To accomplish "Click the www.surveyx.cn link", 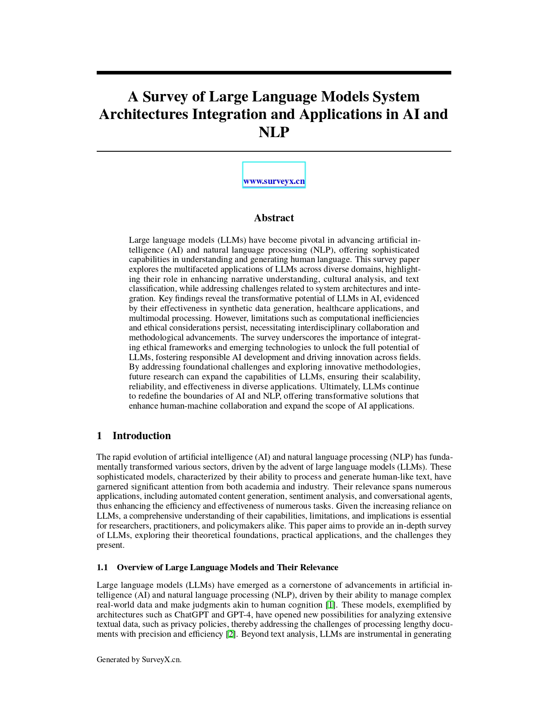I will point(274,181).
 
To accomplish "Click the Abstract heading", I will point(274,218).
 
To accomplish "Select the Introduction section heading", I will point(141,436).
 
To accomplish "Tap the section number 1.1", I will point(102,568).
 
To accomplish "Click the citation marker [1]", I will point(330,605).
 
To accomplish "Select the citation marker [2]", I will point(231,634).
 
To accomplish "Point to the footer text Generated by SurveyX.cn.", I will point(139,660).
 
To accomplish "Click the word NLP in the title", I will point(274,132).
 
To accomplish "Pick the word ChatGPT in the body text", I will point(191,615).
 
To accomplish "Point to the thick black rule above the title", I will point(274,73).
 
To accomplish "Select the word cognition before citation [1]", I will point(306,605).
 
